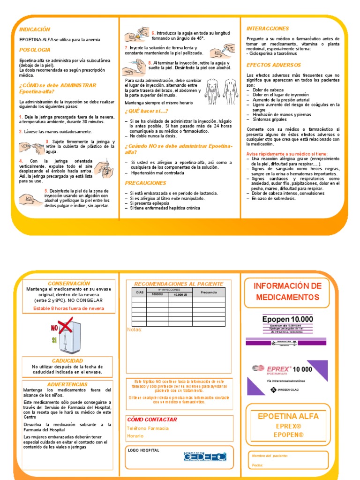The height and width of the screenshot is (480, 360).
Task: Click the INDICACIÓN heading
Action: click(x=35, y=29)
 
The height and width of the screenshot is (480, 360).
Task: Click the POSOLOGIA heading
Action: click(x=35, y=50)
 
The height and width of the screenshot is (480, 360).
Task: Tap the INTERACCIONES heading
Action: click(x=268, y=29)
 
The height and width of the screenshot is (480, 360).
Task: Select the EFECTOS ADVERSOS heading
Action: click(x=274, y=65)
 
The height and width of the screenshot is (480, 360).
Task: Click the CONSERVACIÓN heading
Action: click(x=69, y=284)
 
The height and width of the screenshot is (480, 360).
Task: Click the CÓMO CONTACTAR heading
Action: click(x=152, y=420)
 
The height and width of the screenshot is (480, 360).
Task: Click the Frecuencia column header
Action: click(x=209, y=292)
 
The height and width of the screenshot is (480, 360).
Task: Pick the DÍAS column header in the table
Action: click(x=139, y=292)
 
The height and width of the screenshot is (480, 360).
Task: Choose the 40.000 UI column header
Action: click(x=180, y=295)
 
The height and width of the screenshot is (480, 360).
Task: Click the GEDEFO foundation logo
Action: click(x=205, y=456)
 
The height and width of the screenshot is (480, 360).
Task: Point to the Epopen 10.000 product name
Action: click(x=287, y=320)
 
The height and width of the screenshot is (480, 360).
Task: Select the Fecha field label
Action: click(x=257, y=465)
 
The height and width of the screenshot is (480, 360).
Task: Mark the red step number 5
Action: click(x=46, y=191)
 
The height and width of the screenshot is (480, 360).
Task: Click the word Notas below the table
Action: click(x=134, y=330)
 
